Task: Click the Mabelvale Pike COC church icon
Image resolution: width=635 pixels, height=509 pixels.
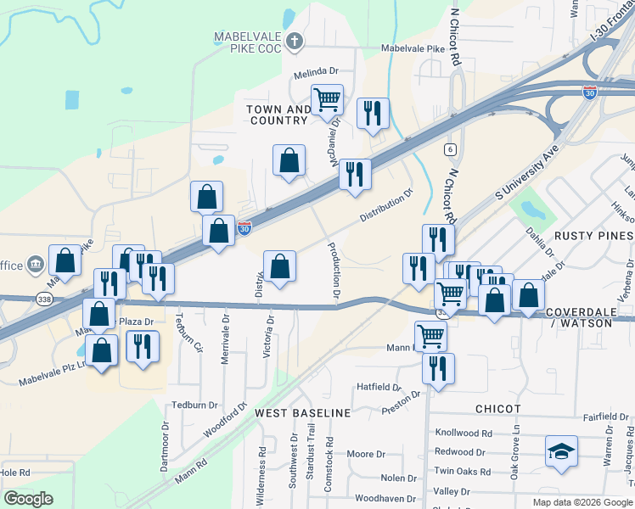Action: click(295, 40)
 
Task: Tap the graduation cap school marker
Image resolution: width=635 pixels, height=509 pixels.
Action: click(561, 452)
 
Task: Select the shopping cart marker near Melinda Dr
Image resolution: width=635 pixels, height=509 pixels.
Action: click(327, 100)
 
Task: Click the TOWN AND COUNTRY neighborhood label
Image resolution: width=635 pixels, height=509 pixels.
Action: click(279, 115)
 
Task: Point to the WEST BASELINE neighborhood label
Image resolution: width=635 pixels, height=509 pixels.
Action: click(303, 412)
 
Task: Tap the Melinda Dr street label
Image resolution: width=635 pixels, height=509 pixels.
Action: click(316, 74)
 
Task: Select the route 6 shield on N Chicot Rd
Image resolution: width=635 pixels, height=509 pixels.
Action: click(447, 149)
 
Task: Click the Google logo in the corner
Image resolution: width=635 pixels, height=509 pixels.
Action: click(29, 499)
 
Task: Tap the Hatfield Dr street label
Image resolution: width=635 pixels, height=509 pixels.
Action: click(379, 387)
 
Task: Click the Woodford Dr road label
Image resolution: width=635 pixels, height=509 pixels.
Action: click(224, 421)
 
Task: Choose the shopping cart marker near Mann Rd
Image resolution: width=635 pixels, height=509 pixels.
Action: click(430, 337)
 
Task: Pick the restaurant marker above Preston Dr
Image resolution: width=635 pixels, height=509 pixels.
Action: click(438, 369)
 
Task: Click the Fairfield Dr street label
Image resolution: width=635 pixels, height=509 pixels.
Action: click(605, 417)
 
